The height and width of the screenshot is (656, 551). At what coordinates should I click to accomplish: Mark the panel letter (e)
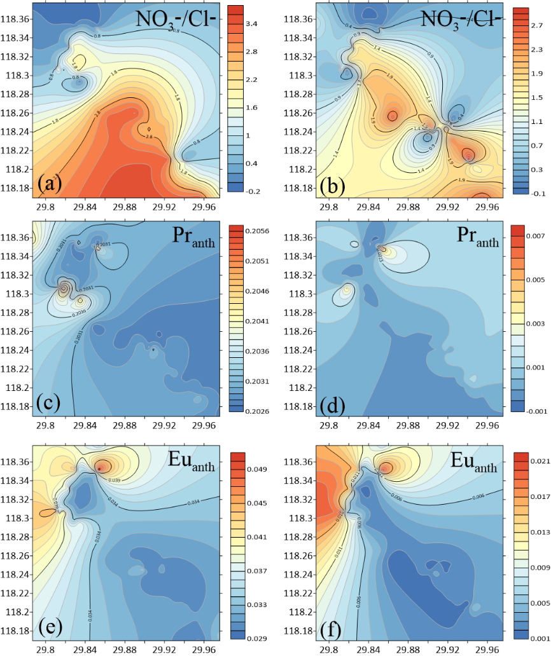pyautogui.click(x=50, y=627)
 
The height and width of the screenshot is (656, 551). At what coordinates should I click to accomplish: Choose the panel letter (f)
pyautogui.click(x=333, y=627)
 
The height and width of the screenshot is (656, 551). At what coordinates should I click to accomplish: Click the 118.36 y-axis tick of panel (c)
pyautogui.click(x=15, y=237)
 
